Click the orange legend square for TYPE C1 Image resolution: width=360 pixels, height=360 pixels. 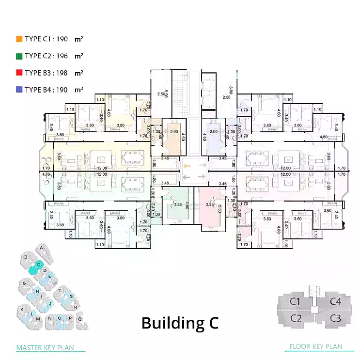click(19, 39)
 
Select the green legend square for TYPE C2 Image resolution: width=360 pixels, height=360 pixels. click(19, 56)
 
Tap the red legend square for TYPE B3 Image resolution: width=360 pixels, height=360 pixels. click(19, 73)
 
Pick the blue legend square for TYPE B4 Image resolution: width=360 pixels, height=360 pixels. click(19, 90)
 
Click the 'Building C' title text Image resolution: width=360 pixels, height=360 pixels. click(180, 323)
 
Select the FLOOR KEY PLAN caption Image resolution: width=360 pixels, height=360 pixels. click(315, 346)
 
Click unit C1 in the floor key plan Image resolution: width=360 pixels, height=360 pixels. click(296, 302)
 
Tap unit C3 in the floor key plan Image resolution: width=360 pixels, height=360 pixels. click(336, 318)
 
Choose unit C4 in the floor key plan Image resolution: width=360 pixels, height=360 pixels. click(336, 302)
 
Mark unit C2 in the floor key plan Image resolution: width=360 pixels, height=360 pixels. click(296, 318)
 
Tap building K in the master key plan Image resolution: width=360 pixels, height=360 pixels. click(22, 309)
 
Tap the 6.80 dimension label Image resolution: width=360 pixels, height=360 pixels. click(231, 90)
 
